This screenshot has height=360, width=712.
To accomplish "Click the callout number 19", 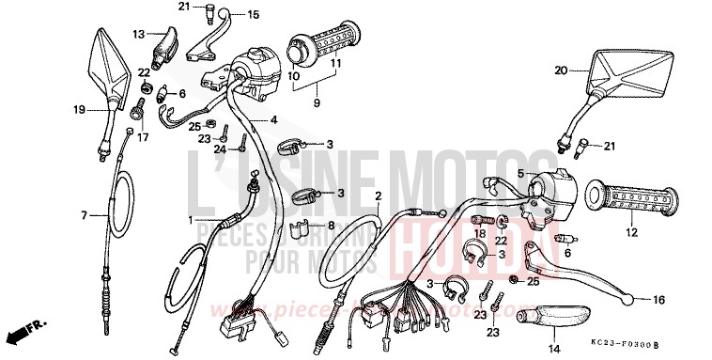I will tap(81, 109).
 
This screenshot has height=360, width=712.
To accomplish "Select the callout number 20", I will tap(560, 70).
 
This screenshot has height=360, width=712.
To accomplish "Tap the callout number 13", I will tap(138, 34).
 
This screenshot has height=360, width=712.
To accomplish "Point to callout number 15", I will tap(253, 15).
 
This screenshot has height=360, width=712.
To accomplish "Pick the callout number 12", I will tap(631, 232).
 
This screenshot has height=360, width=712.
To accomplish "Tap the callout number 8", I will tap(330, 225).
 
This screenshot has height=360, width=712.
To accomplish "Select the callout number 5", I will tap(520, 173).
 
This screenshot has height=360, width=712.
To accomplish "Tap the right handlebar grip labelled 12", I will tap(631, 199).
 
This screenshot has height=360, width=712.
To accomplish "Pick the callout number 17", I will tap(144, 137).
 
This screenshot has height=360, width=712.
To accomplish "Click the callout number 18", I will tap(479, 232).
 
